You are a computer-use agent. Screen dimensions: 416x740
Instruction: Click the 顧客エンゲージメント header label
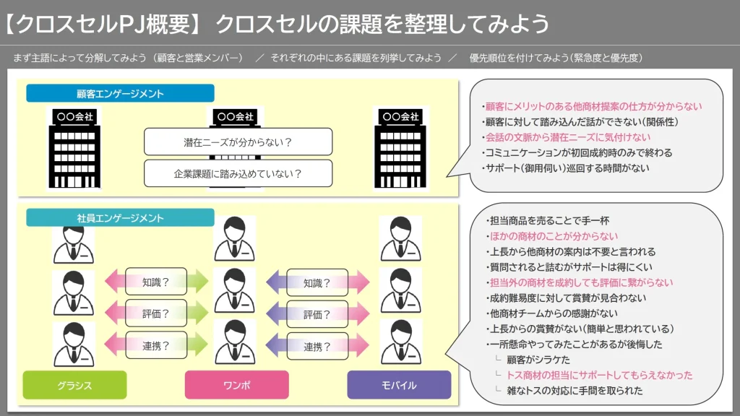pos(120,93)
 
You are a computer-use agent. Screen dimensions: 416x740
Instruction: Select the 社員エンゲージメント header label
pos(120,217)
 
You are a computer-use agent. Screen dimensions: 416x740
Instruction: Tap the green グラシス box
pos(74,385)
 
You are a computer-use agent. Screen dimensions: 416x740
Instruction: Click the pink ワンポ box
pos(236,385)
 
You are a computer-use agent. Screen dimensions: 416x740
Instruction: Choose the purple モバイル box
pos(398,385)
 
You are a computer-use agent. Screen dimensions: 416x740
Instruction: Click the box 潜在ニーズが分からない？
pos(238,142)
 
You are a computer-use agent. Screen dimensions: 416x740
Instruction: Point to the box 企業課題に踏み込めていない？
pos(238,173)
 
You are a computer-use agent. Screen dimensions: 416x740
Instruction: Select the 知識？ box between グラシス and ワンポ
pos(155,282)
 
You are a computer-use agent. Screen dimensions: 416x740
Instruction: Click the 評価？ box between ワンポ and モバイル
pos(317,314)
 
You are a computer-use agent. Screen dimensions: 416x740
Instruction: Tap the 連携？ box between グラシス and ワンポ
pos(155,345)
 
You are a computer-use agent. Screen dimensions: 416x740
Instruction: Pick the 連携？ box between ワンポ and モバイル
pos(317,347)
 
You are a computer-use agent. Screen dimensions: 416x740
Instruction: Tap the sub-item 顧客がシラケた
pos(538,360)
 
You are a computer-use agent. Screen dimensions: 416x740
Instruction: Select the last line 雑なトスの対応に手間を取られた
pos(574,391)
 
